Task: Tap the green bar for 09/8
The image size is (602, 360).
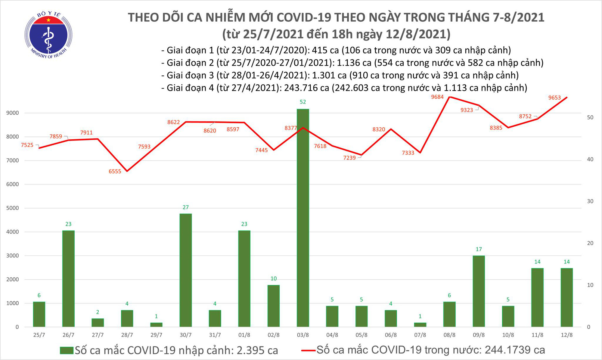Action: [479, 291]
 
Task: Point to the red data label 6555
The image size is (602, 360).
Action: [115, 171]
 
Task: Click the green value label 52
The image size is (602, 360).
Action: [303, 102]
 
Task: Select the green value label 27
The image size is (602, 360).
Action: [185, 207]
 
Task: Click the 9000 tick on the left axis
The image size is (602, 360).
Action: [12, 113]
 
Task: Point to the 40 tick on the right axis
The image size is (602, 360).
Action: [590, 159]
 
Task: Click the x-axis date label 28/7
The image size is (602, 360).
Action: [127, 335]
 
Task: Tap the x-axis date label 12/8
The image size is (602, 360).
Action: [566, 335]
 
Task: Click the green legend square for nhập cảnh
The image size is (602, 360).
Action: [67, 350]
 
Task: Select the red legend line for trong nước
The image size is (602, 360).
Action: [308, 350]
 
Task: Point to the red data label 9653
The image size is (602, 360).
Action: [554, 98]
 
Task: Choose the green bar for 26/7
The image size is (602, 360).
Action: [68, 278]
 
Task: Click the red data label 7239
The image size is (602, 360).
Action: [349, 158]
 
